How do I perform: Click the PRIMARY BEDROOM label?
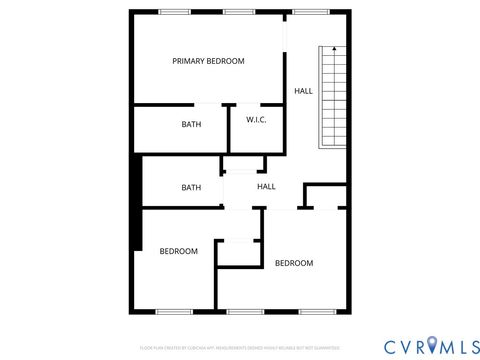click(208, 61)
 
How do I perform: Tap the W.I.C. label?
click(256, 120)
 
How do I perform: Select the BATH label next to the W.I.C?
click(190, 125)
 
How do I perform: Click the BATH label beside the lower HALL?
click(190, 187)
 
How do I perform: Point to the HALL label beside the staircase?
click(303, 91)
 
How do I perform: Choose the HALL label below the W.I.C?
click(266, 186)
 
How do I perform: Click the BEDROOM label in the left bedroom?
click(178, 251)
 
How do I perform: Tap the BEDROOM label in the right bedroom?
click(294, 263)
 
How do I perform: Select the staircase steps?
click(334, 100)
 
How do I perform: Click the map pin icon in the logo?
click(433, 345)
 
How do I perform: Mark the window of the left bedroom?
click(173, 311)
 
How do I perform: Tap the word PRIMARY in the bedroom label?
click(188, 61)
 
